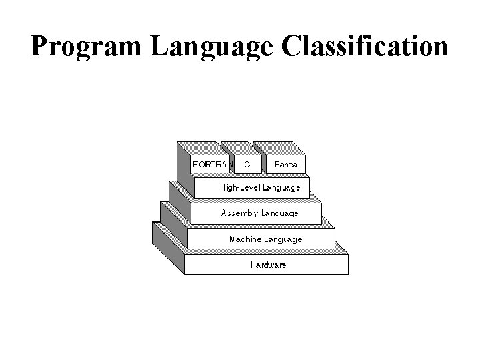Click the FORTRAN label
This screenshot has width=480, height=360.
(x=213, y=164)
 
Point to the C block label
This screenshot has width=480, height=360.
(x=247, y=164)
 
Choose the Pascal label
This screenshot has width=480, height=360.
(x=287, y=164)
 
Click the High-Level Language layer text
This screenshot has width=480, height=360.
(x=260, y=188)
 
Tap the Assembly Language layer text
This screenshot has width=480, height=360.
(x=260, y=213)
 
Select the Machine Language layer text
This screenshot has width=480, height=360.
(x=265, y=239)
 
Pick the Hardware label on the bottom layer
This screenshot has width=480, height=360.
(x=268, y=265)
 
